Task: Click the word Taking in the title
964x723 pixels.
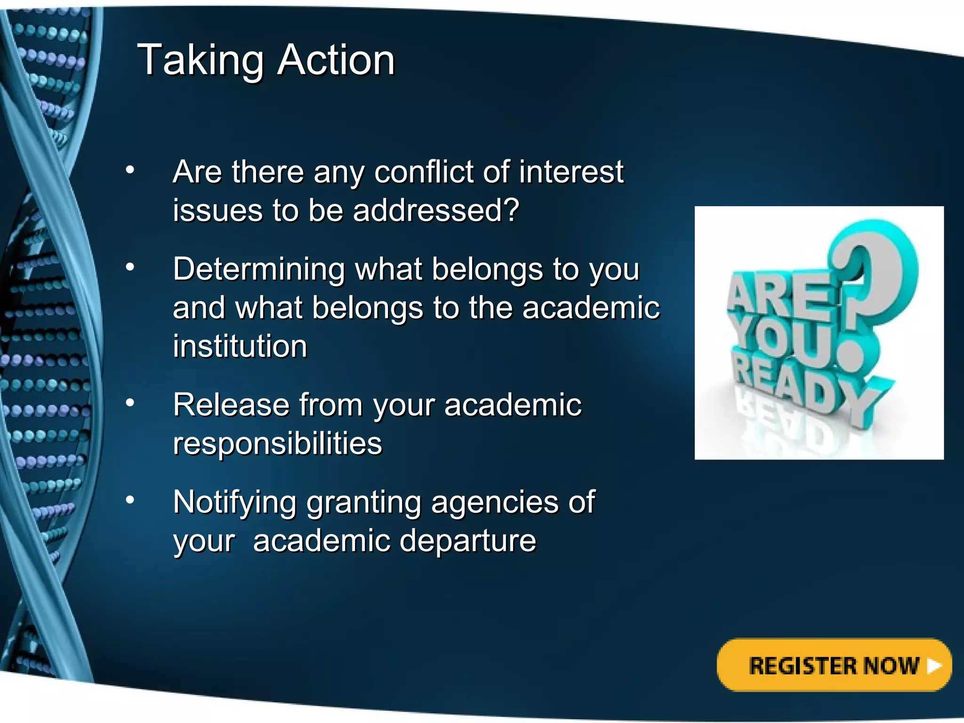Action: pyautogui.click(x=200, y=60)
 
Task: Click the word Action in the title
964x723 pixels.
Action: pyautogui.click(x=336, y=60)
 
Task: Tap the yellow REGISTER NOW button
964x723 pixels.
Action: pyautogui.click(x=834, y=665)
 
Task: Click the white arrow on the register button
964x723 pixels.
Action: pyautogui.click(x=934, y=666)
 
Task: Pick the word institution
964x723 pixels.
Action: pyautogui.click(x=240, y=346)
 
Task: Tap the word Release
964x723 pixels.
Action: pyautogui.click(x=231, y=405)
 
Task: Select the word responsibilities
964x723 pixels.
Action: pyautogui.click(x=277, y=443)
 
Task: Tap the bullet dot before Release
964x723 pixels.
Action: pyautogui.click(x=130, y=402)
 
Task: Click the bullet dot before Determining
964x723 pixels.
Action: pyautogui.click(x=130, y=267)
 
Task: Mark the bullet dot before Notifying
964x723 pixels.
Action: pyautogui.click(x=130, y=499)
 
